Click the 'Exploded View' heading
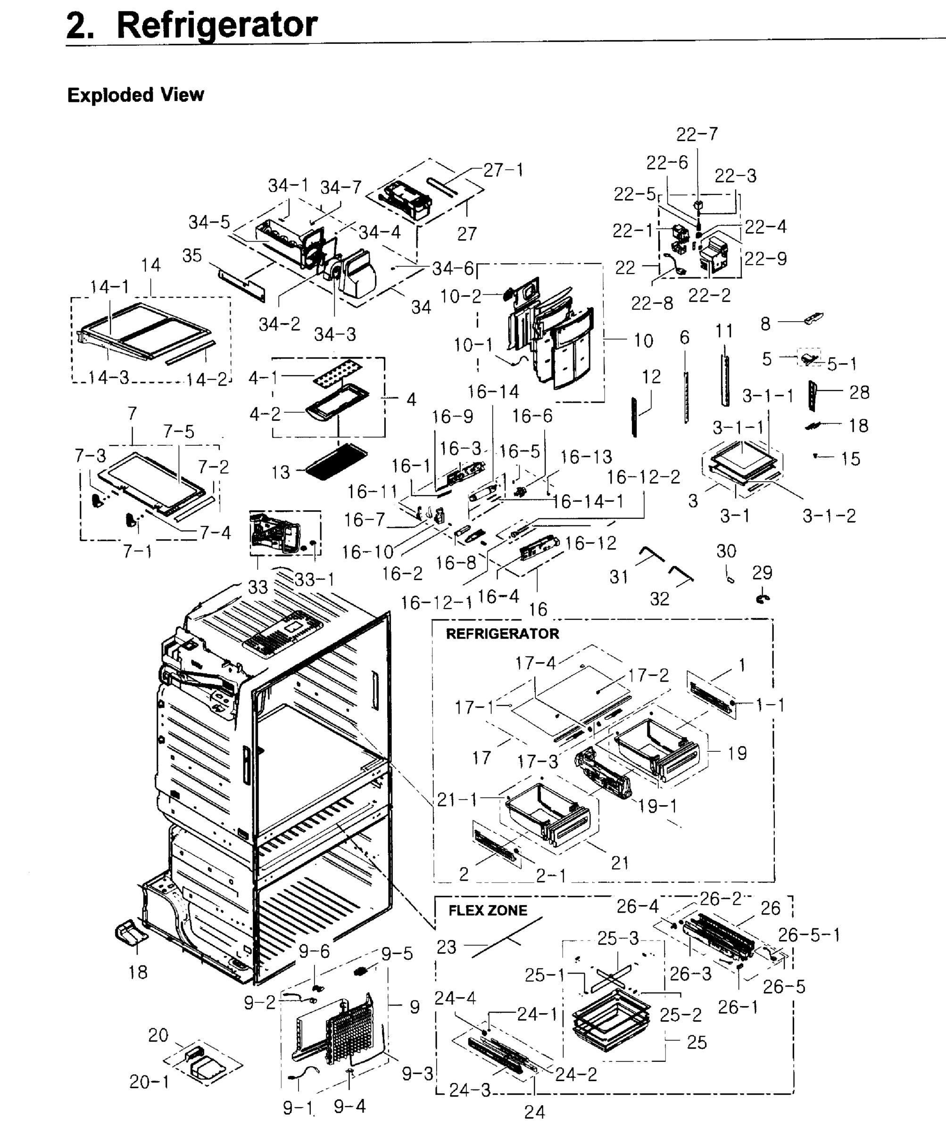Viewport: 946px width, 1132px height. pyautogui.click(x=135, y=95)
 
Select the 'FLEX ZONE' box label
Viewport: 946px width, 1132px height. pyautogui.click(x=487, y=910)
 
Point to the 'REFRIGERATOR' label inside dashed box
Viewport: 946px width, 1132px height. pyautogui.click(x=502, y=633)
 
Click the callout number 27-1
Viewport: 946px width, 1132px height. pyautogui.click(x=503, y=170)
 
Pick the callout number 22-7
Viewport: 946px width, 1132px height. pyautogui.click(x=697, y=134)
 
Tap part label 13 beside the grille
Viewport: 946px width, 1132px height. pyautogui.click(x=280, y=472)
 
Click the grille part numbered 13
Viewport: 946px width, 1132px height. pyautogui.click(x=336, y=461)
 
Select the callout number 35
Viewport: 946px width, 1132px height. pyautogui.click(x=192, y=256)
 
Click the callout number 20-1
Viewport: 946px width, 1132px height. pyautogui.click(x=149, y=1082)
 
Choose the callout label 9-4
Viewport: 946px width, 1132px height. pyautogui.click(x=349, y=1107)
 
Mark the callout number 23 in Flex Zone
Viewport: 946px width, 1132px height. pyautogui.click(x=446, y=947)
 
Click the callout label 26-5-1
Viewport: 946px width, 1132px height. pyautogui.click(x=809, y=935)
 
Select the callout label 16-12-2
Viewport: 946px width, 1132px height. pyautogui.click(x=643, y=477)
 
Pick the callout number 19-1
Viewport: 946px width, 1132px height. pyautogui.click(x=657, y=807)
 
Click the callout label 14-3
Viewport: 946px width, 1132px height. pyautogui.click(x=109, y=377)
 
